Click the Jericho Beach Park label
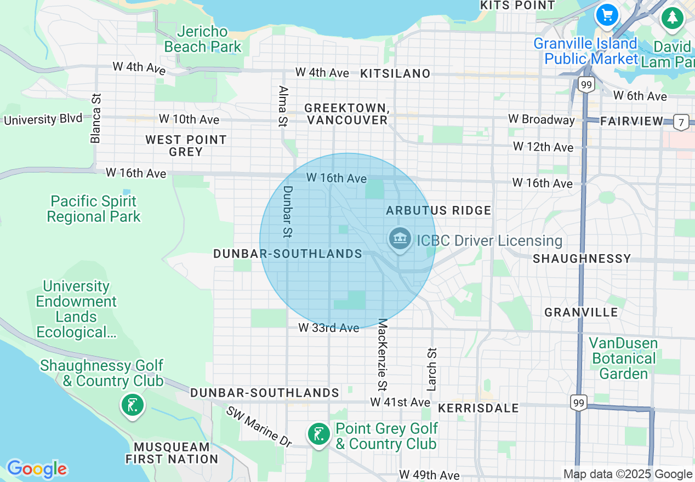(203, 39)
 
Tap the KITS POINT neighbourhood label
(517, 5)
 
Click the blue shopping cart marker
(607, 15)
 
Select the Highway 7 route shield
(681, 122)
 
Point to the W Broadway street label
(542, 119)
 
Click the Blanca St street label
(96, 118)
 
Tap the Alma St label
(283, 106)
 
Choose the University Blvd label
(43, 119)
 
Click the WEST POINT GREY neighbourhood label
(186, 146)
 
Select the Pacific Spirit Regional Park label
(94, 209)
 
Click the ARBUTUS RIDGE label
(438, 210)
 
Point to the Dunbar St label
(288, 212)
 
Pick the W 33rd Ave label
(329, 328)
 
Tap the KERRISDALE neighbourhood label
(478, 408)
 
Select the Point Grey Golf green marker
(318, 434)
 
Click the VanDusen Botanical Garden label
(624, 358)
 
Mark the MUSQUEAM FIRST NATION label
(172, 453)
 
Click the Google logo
(37, 469)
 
